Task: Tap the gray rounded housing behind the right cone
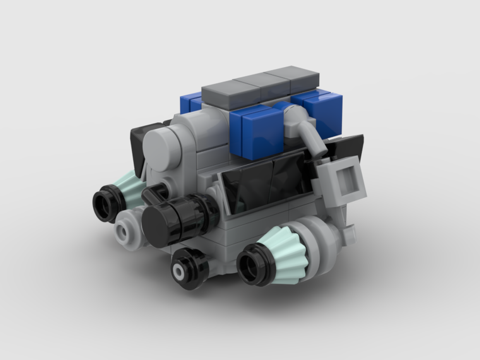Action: point(326,240)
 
